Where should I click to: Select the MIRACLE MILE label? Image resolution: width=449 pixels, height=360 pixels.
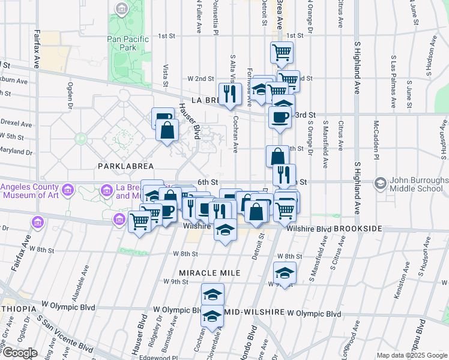click(209, 273)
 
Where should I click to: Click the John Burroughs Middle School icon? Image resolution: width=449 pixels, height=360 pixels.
click(379, 182)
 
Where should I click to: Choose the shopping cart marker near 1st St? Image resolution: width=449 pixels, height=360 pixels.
click(281, 52)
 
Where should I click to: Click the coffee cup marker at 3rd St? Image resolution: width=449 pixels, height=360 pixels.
click(280, 117)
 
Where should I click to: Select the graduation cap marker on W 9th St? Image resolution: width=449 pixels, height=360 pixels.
click(285, 272)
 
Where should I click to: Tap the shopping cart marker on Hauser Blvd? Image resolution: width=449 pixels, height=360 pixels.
click(140, 221)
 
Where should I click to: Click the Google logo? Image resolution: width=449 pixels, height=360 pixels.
click(19, 353)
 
